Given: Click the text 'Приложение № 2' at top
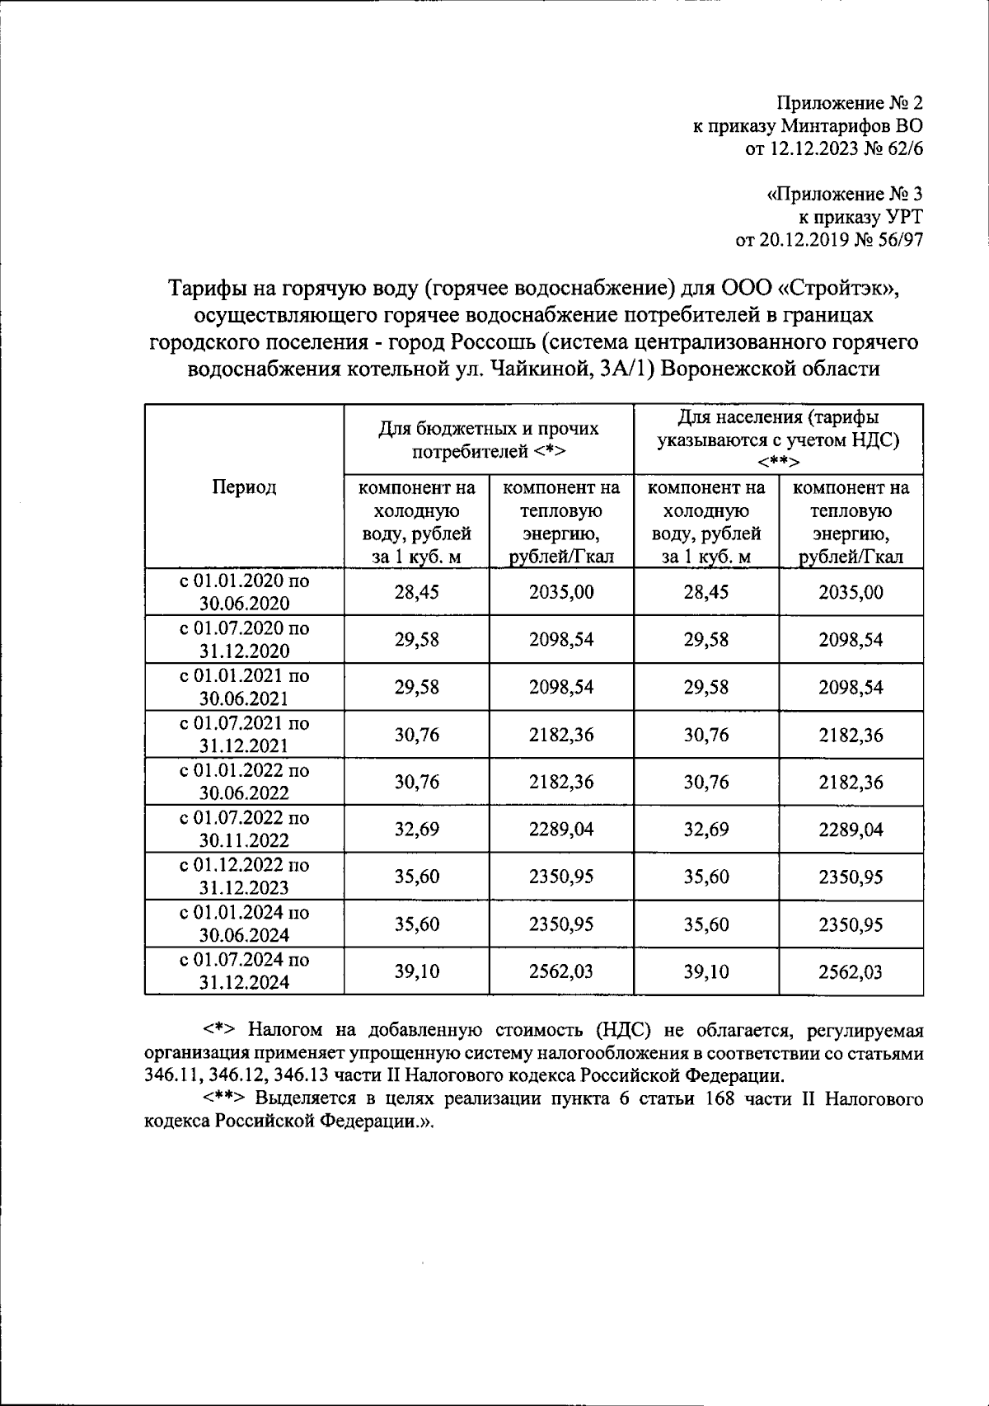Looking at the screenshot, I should point(851,104).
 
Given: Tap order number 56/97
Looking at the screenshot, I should point(897,240).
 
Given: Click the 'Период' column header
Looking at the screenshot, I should point(244,487).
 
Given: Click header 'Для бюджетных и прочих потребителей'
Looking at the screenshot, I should point(489,440).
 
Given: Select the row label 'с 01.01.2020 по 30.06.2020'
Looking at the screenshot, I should point(244,591).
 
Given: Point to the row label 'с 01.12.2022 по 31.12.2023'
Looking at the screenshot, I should point(244,876).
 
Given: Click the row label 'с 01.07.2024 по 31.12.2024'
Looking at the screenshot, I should point(244,971).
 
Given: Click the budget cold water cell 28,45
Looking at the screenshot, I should point(416,592).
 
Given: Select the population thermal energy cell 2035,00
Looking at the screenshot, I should point(851,592).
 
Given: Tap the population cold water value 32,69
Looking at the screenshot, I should point(706,829).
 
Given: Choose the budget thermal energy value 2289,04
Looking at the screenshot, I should point(561,829).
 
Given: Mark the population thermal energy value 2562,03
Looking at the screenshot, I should point(851,971).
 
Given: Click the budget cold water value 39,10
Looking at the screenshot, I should point(416,971).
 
